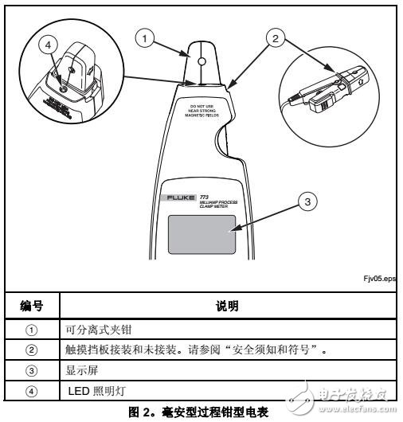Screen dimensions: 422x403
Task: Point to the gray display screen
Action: click(202, 236)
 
